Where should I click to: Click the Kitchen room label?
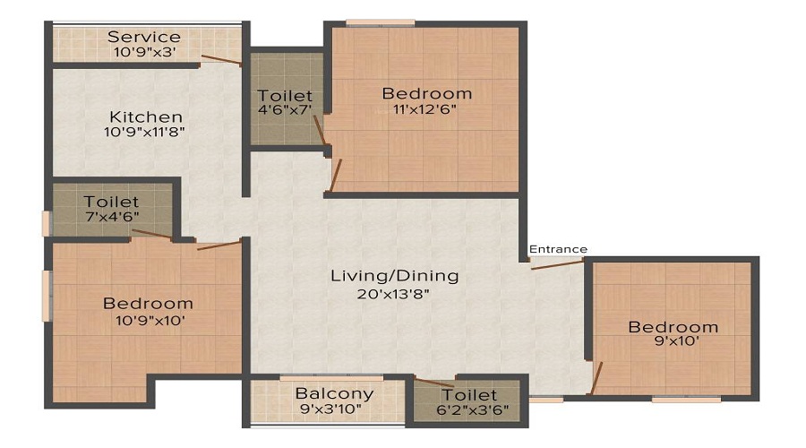pyautogui.click(x=146, y=117)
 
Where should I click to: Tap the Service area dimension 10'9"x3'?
pyautogui.click(x=145, y=52)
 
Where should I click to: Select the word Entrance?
pyautogui.click(x=558, y=249)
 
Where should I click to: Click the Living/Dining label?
pyautogui.click(x=394, y=276)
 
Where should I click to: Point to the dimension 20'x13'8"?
pyautogui.click(x=394, y=294)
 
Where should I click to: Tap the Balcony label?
pyautogui.click(x=334, y=394)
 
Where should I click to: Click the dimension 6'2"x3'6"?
pyautogui.click(x=472, y=410)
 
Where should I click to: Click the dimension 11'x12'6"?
pyautogui.click(x=424, y=109)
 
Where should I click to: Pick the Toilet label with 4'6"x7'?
pyautogui.click(x=285, y=96)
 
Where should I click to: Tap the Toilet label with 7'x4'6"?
pyautogui.click(x=111, y=202)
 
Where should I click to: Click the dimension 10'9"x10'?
pyautogui.click(x=150, y=321)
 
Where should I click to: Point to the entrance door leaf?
pyautogui.click(x=557, y=265)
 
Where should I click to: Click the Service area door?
pyautogui.click(x=221, y=60)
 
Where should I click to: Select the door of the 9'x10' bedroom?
pyautogui.click(x=596, y=378)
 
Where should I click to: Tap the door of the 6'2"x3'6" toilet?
pyautogui.click(x=434, y=383)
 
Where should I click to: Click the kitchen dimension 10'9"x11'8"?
pyautogui.click(x=144, y=132)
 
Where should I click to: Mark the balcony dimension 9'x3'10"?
pyautogui.click(x=330, y=409)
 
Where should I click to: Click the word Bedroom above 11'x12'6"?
pyautogui.click(x=427, y=93)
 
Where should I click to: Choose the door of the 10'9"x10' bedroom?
pyautogui.click(x=219, y=245)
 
